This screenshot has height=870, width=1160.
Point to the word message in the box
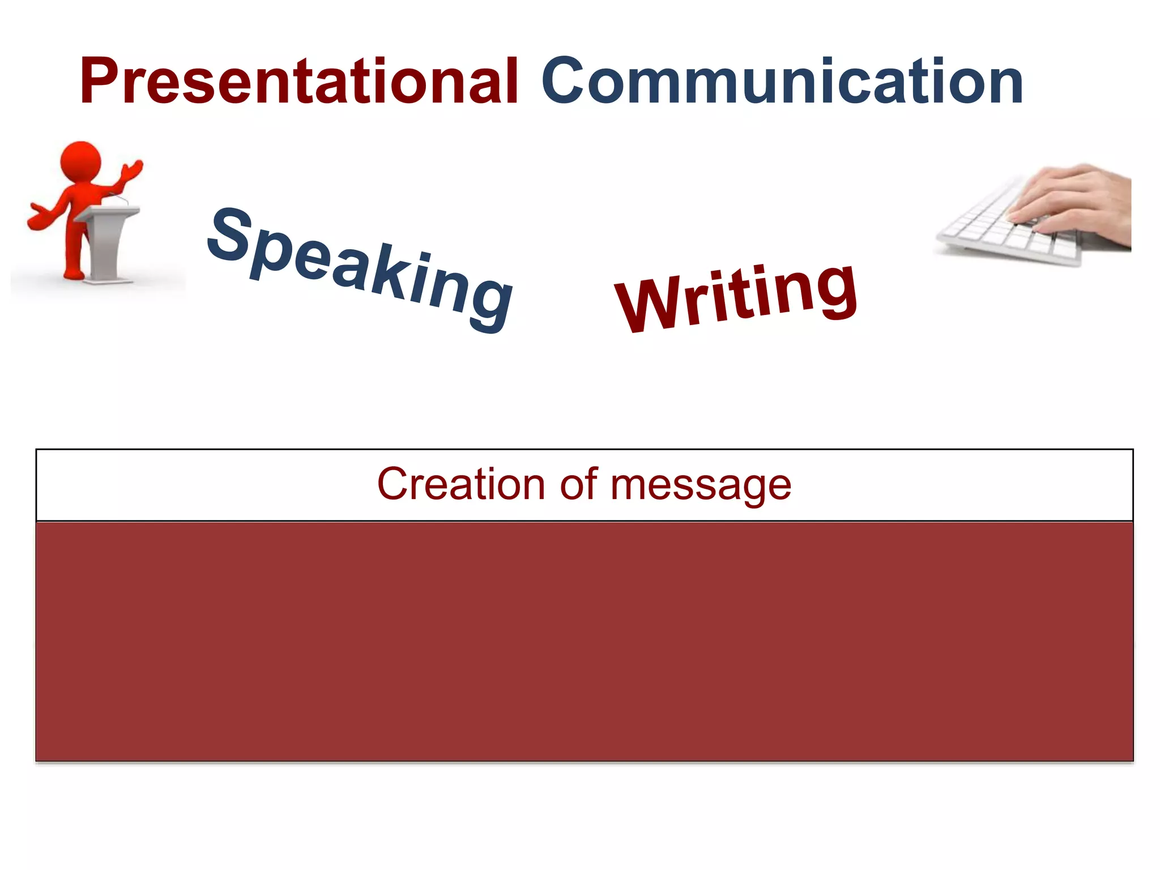(x=700, y=486)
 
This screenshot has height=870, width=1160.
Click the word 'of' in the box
(x=578, y=484)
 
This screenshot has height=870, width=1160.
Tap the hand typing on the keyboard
(x=1071, y=198)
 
